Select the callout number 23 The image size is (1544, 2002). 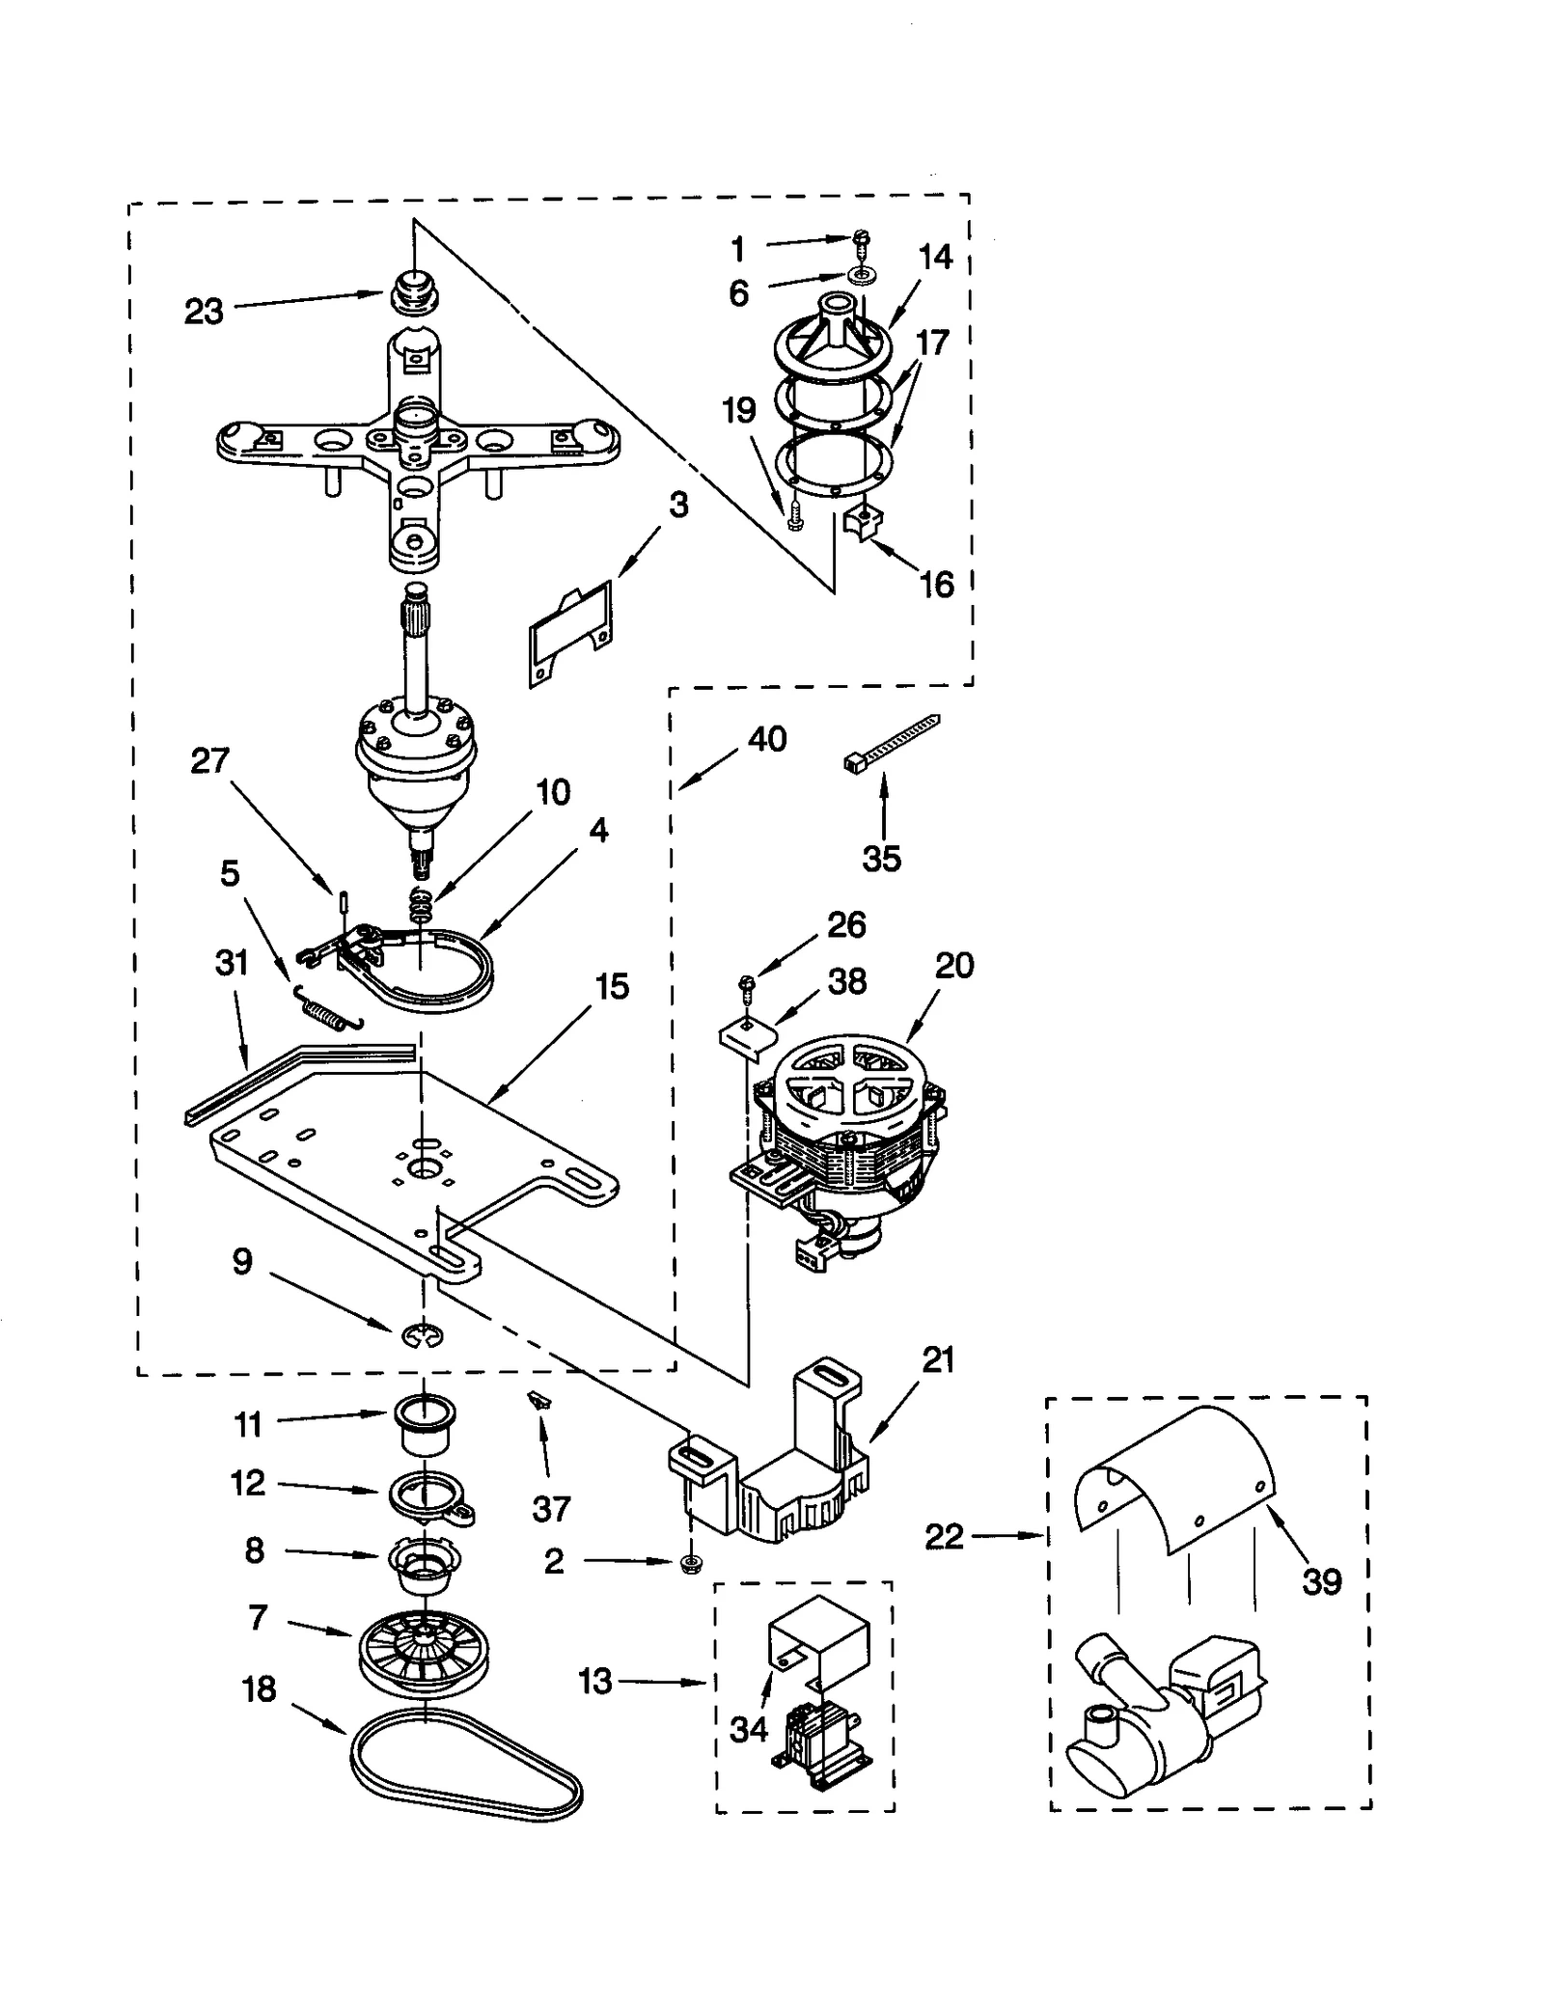coord(204,312)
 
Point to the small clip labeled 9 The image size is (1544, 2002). coord(422,1334)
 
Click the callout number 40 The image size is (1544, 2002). coord(767,739)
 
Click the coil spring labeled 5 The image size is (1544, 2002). coord(328,1008)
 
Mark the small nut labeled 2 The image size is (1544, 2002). coord(691,1561)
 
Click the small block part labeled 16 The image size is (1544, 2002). coord(862,524)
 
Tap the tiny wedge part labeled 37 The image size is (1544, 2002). coord(538,1399)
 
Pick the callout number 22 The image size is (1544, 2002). coord(944,1537)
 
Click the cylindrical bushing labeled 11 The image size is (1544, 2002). coord(424,1428)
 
